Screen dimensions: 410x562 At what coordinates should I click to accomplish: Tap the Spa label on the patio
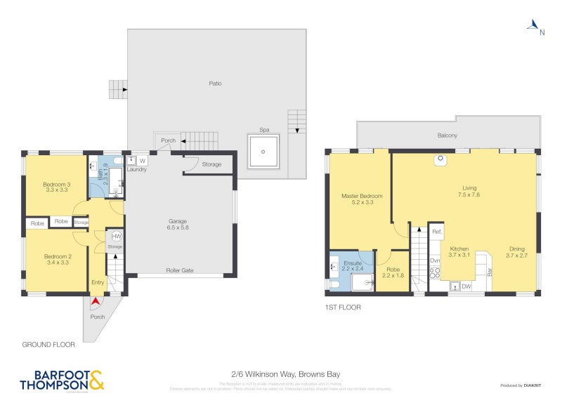click(263, 130)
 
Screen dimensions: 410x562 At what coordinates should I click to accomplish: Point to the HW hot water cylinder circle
click(117, 237)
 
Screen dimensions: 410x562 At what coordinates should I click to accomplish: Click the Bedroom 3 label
click(55, 186)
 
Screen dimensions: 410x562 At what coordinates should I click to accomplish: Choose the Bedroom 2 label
click(56, 260)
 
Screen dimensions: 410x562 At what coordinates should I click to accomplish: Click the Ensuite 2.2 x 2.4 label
click(352, 265)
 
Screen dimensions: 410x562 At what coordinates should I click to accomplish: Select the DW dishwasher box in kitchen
click(466, 286)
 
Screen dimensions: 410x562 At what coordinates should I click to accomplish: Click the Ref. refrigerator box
click(436, 232)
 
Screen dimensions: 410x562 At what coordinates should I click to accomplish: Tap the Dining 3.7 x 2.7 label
click(516, 252)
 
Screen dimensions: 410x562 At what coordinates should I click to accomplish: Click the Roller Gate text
click(179, 270)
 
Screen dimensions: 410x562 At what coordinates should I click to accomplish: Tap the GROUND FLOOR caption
click(48, 345)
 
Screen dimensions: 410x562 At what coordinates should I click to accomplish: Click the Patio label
click(215, 84)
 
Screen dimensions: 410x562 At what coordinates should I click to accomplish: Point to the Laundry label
click(137, 169)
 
